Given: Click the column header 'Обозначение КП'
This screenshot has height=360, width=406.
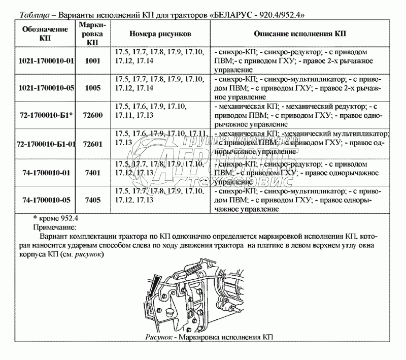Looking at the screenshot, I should click(x=46, y=34).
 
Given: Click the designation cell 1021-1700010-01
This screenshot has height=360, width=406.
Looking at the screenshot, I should click(x=46, y=60).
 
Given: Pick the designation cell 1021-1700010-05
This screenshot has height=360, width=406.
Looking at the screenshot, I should click(x=46, y=88).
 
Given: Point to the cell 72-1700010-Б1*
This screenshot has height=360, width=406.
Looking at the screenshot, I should click(x=46, y=115).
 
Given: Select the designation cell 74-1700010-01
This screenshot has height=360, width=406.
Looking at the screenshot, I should click(x=46, y=173).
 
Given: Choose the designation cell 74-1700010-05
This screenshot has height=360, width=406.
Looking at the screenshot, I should click(x=46, y=200).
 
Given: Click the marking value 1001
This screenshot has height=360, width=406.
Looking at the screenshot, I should click(x=92, y=60).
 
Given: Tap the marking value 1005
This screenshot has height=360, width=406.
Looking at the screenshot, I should click(x=92, y=88).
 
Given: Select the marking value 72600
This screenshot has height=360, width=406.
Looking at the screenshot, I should click(x=92, y=115).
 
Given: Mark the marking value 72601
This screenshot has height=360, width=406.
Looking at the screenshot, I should click(x=92, y=144).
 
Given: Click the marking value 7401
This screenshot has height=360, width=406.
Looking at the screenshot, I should click(x=92, y=173).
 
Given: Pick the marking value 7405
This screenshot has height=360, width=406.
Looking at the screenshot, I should click(x=92, y=200).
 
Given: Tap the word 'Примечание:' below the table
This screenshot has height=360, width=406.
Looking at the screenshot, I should click(x=54, y=227).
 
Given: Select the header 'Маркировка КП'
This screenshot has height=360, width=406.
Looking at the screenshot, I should click(x=92, y=34).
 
